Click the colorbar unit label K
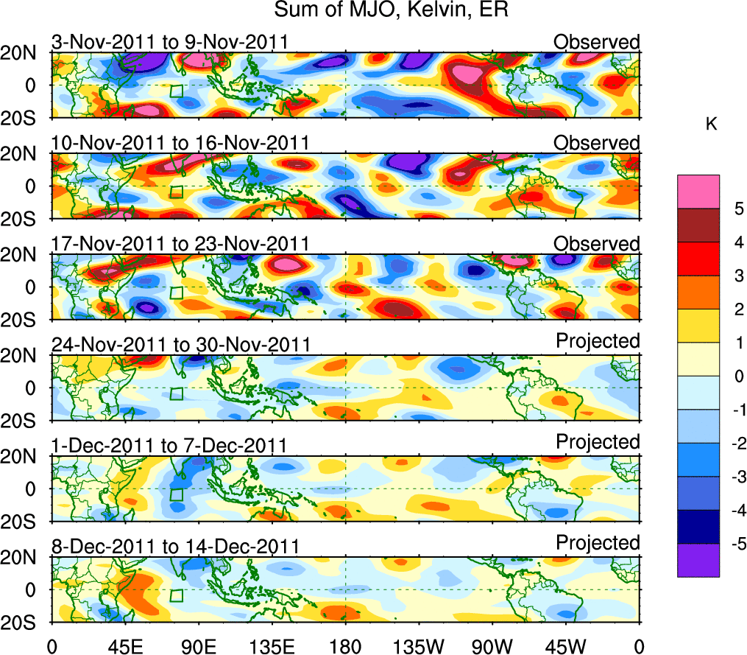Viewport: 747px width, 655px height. [x=711, y=126]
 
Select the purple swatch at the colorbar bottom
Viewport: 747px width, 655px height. [x=698, y=560]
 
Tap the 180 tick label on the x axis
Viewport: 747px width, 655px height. [x=345, y=646]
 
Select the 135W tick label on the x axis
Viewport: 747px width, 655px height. [x=419, y=646]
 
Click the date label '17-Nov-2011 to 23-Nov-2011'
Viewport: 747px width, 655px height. [x=180, y=244]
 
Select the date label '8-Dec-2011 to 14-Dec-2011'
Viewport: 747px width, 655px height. [x=175, y=547]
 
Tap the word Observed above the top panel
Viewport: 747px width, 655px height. [x=597, y=42]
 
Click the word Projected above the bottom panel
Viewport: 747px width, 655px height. [x=598, y=543]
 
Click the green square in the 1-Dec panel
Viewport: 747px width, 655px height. [x=176, y=494]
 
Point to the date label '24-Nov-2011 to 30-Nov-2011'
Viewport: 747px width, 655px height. [x=180, y=344]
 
